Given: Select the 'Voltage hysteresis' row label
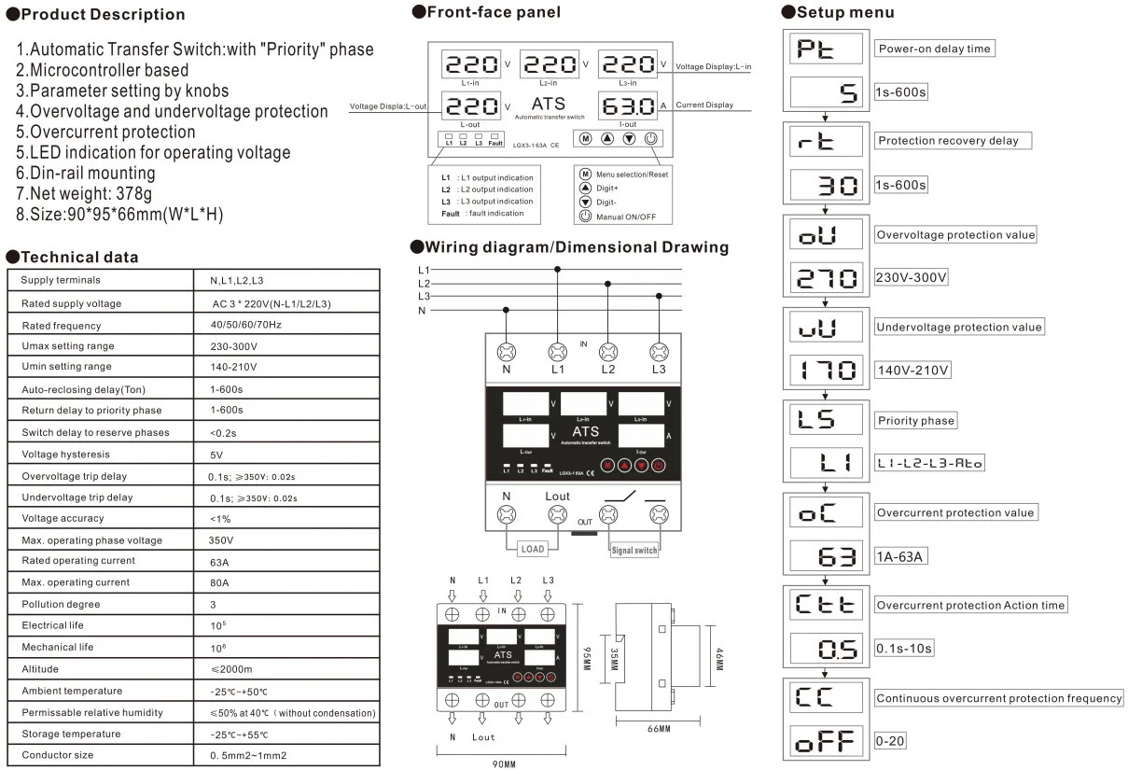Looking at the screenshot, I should (65, 455).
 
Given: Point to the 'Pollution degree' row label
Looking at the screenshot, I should (60, 604).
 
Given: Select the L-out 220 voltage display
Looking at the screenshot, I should (471, 105).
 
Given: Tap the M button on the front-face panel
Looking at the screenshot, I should (585, 138).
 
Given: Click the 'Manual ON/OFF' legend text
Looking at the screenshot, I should (626, 217).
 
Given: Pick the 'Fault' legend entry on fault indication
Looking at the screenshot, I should (450, 214).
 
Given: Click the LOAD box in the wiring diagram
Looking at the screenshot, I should (531, 549).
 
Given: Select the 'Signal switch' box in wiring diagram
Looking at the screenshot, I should (634, 550).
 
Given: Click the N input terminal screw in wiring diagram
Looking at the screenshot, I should (507, 352).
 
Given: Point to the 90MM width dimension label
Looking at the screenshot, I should (504, 763).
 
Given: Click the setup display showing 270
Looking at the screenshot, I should (826, 277).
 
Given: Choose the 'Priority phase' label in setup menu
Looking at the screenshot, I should (916, 421).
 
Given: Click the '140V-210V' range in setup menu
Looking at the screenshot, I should (912, 371).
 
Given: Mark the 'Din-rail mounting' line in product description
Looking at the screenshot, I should (86, 173).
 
